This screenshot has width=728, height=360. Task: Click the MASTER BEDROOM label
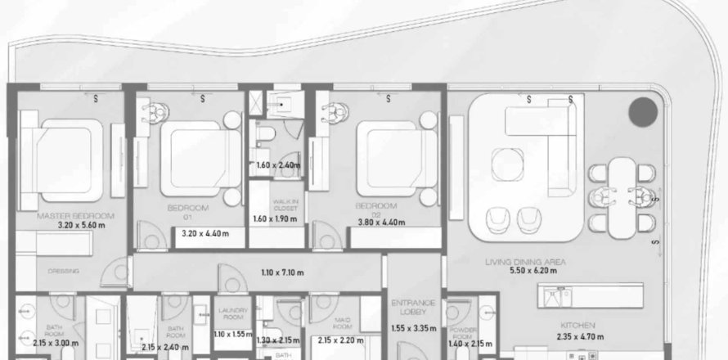[x=75, y=216]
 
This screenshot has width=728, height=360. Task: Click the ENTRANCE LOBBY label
[x=412, y=306]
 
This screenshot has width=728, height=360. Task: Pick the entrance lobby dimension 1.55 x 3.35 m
[x=413, y=327]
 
